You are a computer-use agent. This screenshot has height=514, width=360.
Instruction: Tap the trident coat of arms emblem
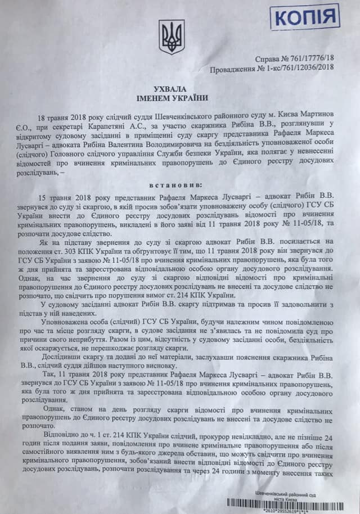172,37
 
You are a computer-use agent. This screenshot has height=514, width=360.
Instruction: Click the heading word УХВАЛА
170,90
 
